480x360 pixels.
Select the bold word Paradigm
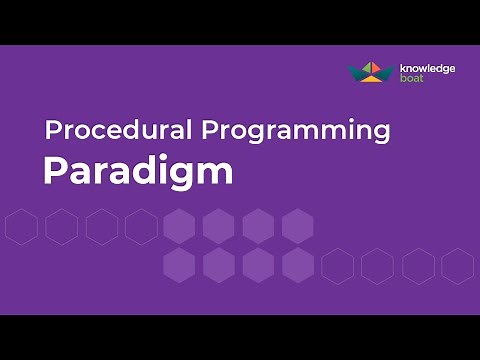coord(137,171)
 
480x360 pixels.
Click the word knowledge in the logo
coord(428,68)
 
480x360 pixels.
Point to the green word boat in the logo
coord(410,78)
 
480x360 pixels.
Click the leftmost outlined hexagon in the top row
coord(21,227)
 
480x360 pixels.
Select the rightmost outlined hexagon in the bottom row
coord(457,266)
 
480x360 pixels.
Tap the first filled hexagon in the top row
coord(179,227)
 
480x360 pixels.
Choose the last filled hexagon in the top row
coord(297,227)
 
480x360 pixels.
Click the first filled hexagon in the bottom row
coord(179,266)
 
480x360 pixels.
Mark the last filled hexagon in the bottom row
coord(297,266)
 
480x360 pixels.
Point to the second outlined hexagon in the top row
coord(61,227)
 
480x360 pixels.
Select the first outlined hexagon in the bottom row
coord(337,266)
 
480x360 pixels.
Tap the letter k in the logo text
coord(403,68)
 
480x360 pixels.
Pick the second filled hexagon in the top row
coord(218,227)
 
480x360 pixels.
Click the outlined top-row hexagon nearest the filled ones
coord(140,227)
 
